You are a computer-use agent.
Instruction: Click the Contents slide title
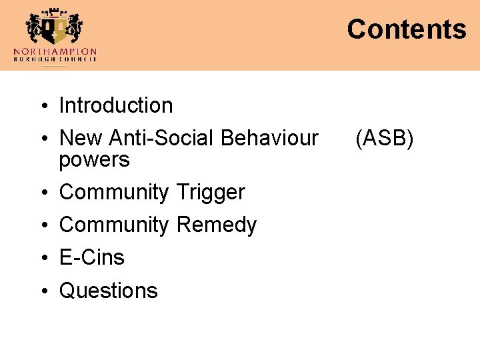[406, 29]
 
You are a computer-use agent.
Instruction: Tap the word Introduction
[116, 105]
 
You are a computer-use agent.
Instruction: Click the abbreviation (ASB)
[384, 138]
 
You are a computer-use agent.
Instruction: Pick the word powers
[94, 161]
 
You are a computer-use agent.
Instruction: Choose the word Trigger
[211, 192]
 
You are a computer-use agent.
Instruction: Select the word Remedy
[217, 225]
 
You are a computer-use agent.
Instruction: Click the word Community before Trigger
[114, 192]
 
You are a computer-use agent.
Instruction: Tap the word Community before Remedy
[114, 225]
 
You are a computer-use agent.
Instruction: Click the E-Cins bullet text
[92, 257]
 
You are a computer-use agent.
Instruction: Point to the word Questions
[109, 291]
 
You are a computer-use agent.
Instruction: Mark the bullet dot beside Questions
[42, 291]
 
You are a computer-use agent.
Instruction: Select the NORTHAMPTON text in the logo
[55, 51]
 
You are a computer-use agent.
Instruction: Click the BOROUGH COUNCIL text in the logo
[55, 59]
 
